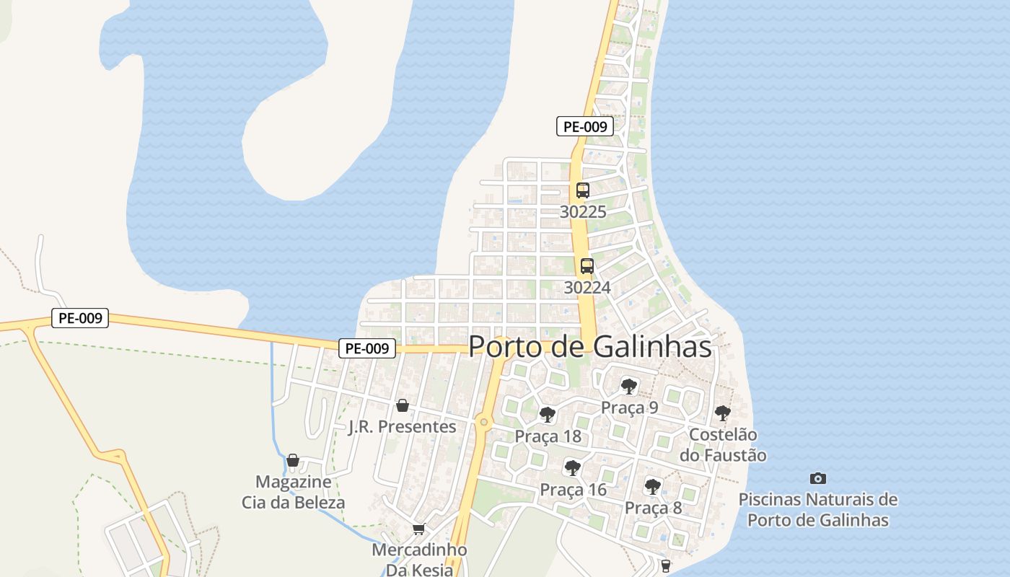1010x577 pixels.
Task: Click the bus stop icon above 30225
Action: (x=583, y=190)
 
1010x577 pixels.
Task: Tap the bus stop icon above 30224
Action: (x=587, y=265)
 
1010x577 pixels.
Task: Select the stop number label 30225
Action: (x=583, y=212)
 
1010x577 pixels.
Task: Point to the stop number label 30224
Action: (x=587, y=287)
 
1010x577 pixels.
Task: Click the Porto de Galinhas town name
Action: (x=590, y=346)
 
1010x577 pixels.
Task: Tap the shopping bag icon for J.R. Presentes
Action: (x=403, y=406)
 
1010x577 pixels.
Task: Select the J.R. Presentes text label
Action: (x=403, y=426)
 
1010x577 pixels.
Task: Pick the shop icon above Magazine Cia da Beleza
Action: (x=293, y=460)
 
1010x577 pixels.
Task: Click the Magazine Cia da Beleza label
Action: (x=293, y=492)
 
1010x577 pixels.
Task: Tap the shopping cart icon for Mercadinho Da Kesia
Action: (x=419, y=529)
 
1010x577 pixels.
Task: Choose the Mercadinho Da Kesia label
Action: (x=419, y=559)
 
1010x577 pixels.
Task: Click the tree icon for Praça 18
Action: (x=548, y=415)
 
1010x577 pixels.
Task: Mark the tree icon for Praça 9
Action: (x=629, y=386)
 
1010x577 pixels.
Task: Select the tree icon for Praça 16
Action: (x=573, y=468)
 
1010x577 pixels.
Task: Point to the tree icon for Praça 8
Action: (x=653, y=487)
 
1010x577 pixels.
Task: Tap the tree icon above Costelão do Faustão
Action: (x=722, y=413)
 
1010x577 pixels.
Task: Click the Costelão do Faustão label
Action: (x=723, y=445)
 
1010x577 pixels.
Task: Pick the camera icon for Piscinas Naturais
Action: (x=818, y=478)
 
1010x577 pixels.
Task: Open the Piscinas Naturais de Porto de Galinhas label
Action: (x=818, y=509)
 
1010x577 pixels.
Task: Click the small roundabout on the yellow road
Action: (x=483, y=422)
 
